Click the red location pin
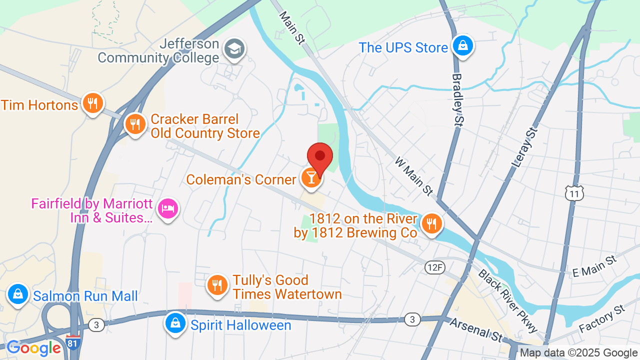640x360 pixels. pos(320,156)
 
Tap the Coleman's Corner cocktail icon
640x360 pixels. pos(311,177)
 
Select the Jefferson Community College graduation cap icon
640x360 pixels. pos(234,48)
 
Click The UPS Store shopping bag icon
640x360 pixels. pos(463,46)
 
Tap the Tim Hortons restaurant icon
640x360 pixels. pos(92,103)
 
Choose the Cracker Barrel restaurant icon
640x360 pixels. pos(135,123)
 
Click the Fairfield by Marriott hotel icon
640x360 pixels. pos(168,209)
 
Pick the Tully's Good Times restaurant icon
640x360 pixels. pos(217,285)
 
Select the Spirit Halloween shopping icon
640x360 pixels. pos(175,323)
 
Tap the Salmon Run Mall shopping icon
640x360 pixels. pos(18,294)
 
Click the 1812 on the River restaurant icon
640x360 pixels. pos(430,223)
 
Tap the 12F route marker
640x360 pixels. pos(435,267)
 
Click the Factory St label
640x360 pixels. pos(602,319)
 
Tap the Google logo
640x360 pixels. pos(33,348)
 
